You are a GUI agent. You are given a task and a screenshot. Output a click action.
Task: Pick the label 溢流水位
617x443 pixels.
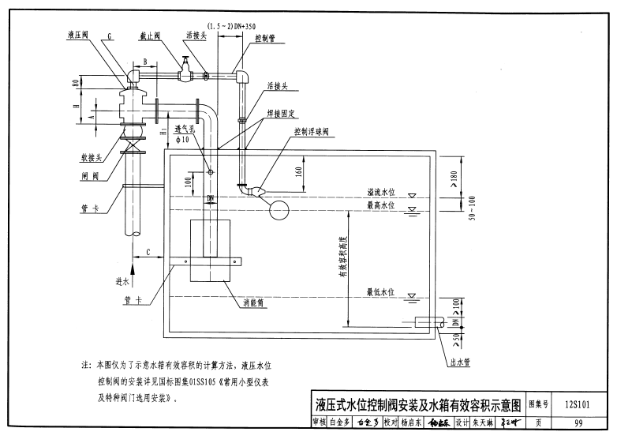tap(383, 192)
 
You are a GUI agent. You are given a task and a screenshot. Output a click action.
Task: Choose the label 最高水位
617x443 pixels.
tap(383, 205)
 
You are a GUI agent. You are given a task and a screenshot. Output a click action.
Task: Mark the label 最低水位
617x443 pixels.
tap(383, 292)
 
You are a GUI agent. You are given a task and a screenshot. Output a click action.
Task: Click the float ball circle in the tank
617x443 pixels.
tap(278, 210)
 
